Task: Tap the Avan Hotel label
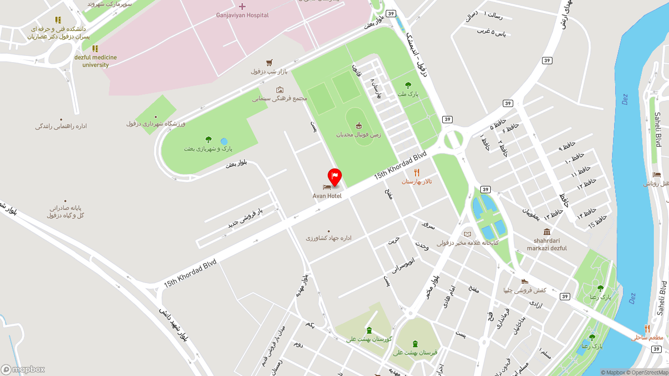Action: [327, 196]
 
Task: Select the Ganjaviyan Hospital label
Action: [243, 15]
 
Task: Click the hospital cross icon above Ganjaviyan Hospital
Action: [242, 6]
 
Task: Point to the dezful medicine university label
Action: [96, 61]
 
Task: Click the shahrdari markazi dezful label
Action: [547, 244]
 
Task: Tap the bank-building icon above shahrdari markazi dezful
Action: [547, 232]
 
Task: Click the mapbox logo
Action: [23, 370]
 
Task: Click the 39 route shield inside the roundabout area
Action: [447, 120]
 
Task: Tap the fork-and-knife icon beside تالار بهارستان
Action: [417, 173]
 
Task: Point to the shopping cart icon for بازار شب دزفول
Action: [269, 63]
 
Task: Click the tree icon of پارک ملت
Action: [408, 85]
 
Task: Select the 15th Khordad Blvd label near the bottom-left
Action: [190, 274]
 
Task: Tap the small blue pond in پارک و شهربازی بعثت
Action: [224, 142]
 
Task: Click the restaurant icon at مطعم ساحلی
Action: [647, 328]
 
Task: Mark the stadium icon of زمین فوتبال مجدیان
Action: [359, 125]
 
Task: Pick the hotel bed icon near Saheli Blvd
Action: [657, 175]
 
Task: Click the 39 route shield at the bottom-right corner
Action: [656, 349]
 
